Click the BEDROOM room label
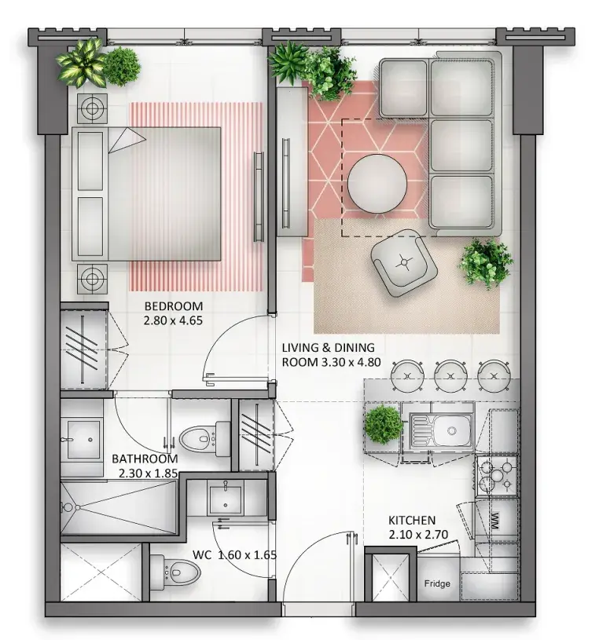(x=173, y=306)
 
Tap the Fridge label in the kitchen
(x=437, y=583)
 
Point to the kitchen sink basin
(x=451, y=430)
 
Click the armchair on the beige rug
(x=404, y=263)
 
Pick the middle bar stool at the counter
(x=450, y=375)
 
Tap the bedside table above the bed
(x=92, y=109)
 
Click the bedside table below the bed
(x=92, y=279)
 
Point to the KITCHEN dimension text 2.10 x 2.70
(x=418, y=535)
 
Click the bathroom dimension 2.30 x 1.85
(x=149, y=474)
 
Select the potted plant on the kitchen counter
(x=384, y=425)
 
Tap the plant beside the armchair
(x=487, y=263)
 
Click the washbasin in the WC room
(x=225, y=498)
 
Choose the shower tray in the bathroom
(x=119, y=508)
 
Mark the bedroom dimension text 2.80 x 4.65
(x=173, y=320)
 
